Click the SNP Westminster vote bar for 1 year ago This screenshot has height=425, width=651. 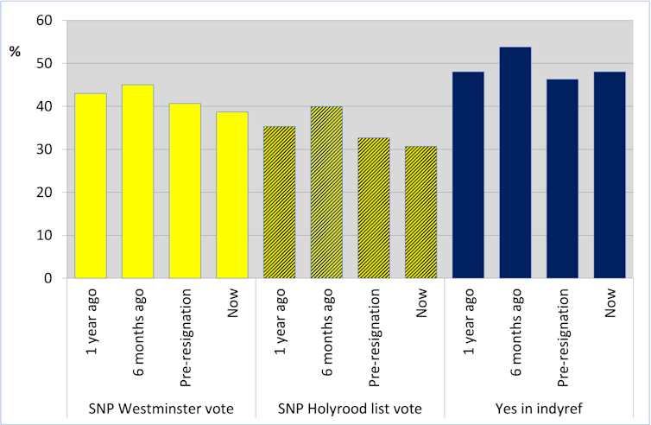tap(91, 186)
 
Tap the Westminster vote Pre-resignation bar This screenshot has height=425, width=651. tap(185, 191)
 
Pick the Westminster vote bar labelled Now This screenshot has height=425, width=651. tap(232, 195)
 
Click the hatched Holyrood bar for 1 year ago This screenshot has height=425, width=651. tap(280, 202)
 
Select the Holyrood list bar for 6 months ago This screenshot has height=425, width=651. tap(326, 193)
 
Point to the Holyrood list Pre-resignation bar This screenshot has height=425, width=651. tap(374, 208)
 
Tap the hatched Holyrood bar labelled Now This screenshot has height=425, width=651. tap(421, 212)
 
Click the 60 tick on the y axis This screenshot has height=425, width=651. tap(43, 21)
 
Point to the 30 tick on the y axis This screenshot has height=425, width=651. tap(43, 149)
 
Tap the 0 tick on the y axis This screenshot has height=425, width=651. tap(47, 278)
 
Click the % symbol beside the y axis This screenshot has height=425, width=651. tap(15, 52)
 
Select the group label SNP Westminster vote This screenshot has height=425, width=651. tap(161, 408)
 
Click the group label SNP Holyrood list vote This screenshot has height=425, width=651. tap(351, 408)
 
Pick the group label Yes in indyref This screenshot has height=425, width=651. tap(539, 408)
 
